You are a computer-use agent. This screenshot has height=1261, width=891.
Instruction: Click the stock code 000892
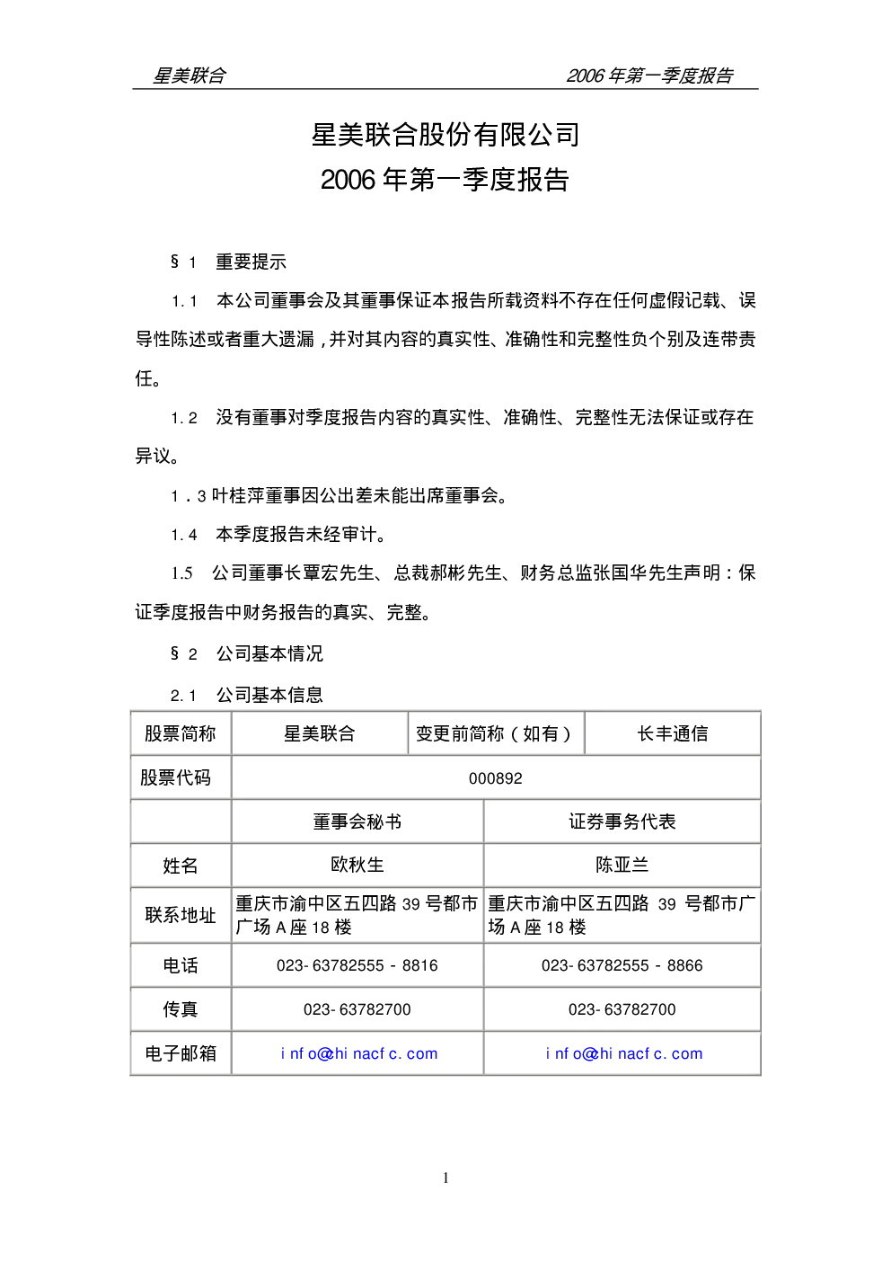(495, 778)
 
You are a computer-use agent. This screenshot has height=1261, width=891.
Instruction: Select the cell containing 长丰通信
(672, 733)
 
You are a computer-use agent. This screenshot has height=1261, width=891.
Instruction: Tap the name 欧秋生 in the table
(357, 865)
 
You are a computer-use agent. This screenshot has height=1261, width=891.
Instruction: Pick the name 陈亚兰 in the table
(622, 865)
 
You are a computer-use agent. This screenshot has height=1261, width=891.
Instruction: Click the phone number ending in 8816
(357, 965)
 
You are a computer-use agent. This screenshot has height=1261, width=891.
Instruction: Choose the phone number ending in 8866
(622, 965)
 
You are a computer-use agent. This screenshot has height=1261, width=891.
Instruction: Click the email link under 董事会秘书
(359, 1053)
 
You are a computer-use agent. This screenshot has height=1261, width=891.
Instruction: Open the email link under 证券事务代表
(624, 1053)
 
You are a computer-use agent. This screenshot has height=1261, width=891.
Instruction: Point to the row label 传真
(181, 1009)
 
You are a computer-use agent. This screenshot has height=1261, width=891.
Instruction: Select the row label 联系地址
(181, 915)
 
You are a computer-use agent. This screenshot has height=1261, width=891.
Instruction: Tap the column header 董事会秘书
(357, 821)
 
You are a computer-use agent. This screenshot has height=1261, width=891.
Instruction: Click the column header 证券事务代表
(622, 821)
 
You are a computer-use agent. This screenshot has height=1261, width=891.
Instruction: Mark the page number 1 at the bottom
(445, 1177)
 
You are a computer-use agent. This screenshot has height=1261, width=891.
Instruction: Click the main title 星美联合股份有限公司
(445, 135)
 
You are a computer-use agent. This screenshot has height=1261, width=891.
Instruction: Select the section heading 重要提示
(251, 262)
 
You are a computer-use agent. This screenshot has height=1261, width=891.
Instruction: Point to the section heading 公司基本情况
(269, 653)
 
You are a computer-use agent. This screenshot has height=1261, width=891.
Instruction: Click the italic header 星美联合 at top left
(190, 75)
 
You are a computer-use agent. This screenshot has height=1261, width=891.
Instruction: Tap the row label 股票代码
(175, 777)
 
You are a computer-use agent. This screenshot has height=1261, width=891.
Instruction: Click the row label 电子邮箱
(181, 1053)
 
